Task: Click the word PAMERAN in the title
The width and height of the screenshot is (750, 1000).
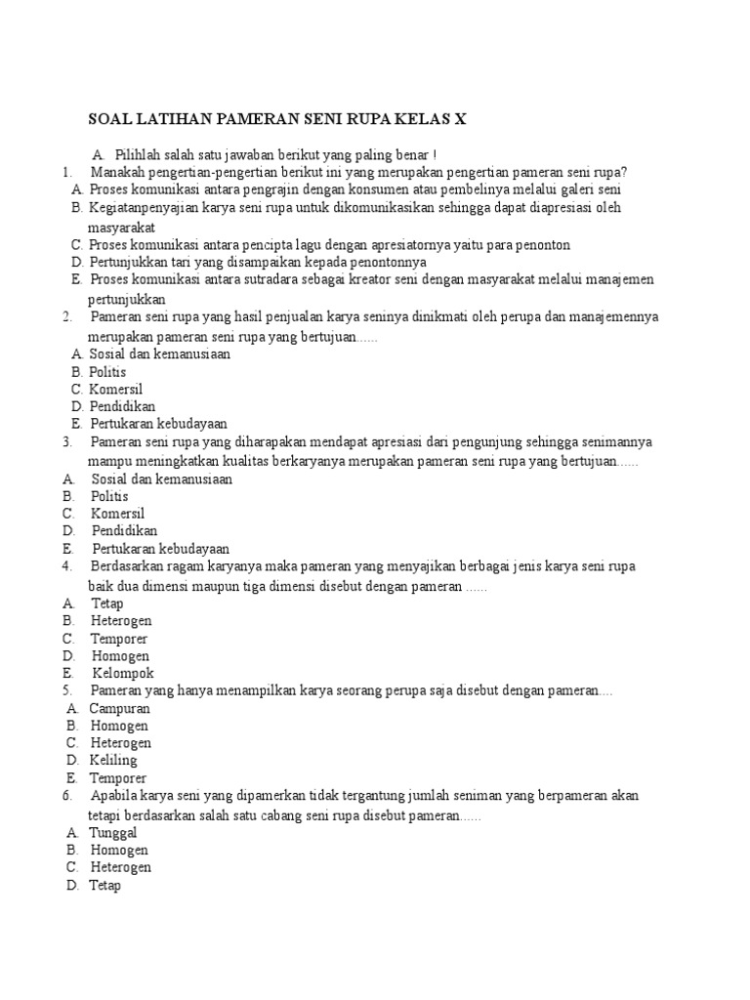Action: click(258, 120)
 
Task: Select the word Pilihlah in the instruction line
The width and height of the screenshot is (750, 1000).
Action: click(138, 154)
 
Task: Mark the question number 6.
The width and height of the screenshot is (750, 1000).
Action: click(65, 796)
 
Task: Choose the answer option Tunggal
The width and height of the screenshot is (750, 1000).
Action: click(113, 832)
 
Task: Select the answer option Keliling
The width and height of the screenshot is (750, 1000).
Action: click(113, 761)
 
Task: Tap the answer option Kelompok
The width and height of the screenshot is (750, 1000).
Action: click(123, 673)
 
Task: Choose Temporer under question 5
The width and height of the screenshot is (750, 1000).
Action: click(118, 778)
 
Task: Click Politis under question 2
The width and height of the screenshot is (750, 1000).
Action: click(107, 372)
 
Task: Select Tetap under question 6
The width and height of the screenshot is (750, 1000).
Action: click(105, 886)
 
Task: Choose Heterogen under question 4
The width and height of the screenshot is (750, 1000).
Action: click(122, 620)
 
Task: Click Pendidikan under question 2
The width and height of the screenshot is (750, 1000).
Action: click(122, 406)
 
